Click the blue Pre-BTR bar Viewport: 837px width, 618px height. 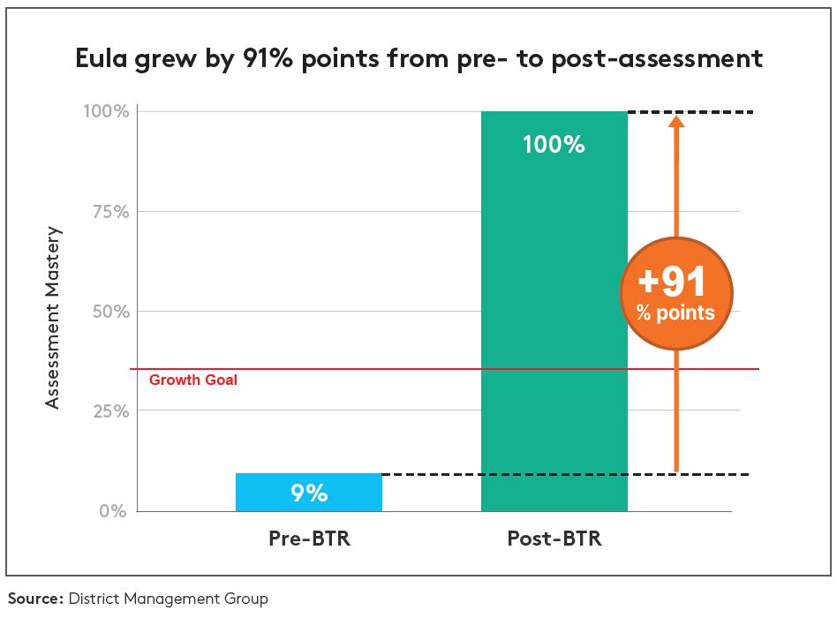point(308,492)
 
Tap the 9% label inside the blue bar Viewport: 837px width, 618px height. point(309,494)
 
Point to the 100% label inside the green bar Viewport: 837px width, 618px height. point(554,144)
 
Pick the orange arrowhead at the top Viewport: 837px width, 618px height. point(676,123)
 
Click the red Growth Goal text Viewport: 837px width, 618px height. point(192,381)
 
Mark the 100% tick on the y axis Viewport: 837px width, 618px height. point(108,112)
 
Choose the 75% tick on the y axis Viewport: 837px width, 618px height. point(109,212)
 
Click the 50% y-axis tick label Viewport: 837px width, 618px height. point(109,312)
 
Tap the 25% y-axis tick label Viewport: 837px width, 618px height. point(109,411)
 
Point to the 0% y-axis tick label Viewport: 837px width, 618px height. point(113,511)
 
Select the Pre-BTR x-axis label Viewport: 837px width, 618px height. point(309,539)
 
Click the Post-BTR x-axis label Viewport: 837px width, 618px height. point(554,539)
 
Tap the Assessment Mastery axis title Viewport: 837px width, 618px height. point(53,318)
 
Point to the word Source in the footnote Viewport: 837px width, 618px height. point(34,599)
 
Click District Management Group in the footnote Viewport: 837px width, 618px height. point(167,599)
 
